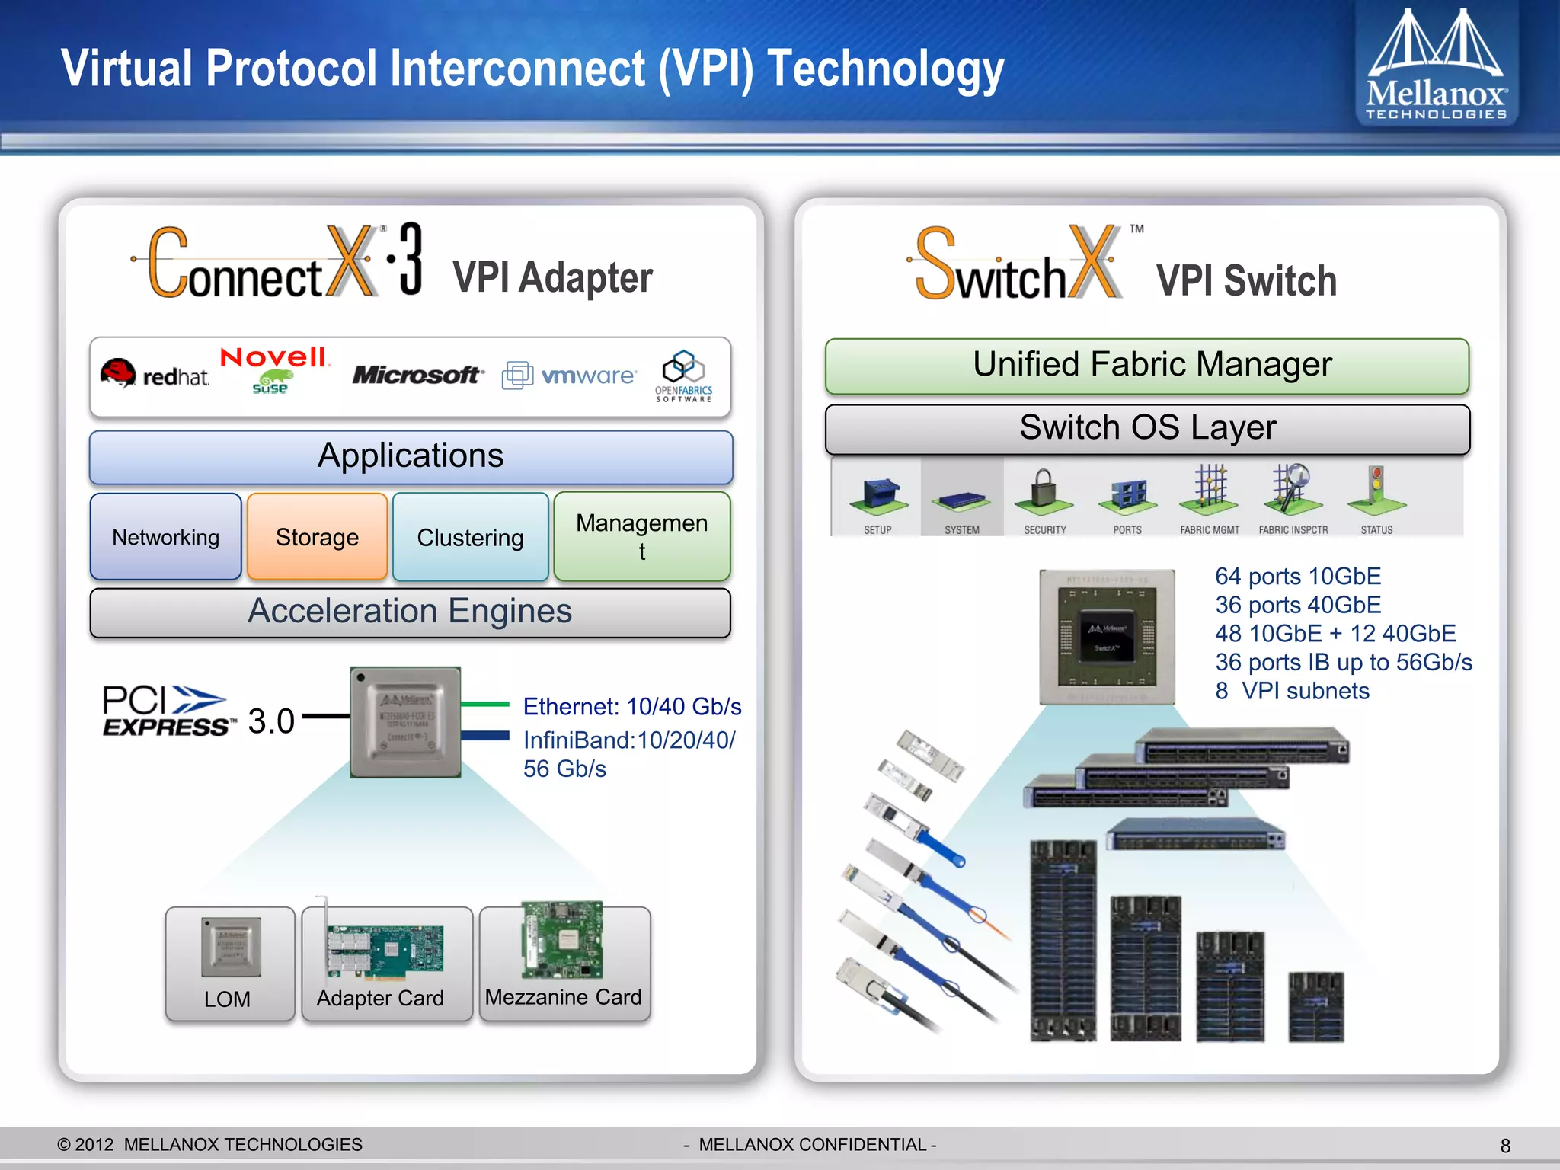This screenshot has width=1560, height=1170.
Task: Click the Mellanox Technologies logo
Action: pos(1436,65)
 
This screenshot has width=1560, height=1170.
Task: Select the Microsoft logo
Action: pos(416,375)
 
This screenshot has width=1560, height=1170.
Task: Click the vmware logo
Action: pos(569,376)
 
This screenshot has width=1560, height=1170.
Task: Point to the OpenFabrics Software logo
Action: pos(683,376)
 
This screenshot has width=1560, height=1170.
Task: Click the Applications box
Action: pos(411,457)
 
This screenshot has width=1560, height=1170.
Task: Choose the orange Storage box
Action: pos(317,537)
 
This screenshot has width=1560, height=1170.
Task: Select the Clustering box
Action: pos(470,537)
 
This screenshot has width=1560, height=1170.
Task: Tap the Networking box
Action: pos(165,537)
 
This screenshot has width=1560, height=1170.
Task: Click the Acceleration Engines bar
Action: pos(410,612)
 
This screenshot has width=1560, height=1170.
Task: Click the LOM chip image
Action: pos(231,947)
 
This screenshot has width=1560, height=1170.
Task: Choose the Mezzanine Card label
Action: pos(563,997)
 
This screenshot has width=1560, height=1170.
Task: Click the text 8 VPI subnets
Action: pos(1292,691)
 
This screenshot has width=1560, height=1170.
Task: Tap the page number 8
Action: pos(1505,1146)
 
